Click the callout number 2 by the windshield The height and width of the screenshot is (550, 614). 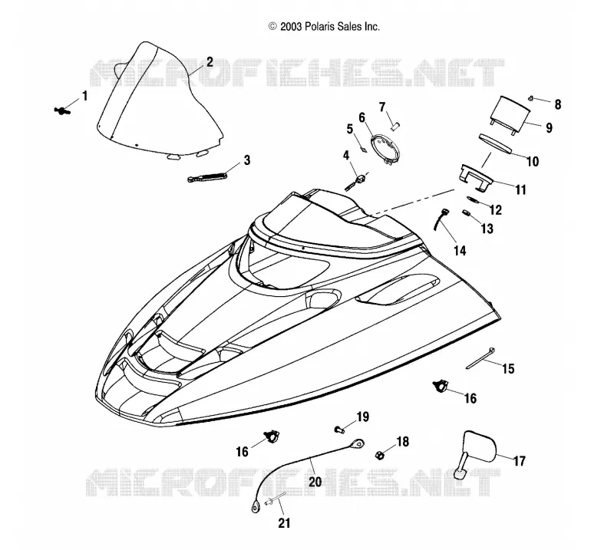click(x=210, y=62)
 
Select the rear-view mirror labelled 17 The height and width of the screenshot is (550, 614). click(x=477, y=451)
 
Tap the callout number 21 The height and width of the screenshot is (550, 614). click(x=284, y=523)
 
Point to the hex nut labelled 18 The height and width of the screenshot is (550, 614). click(x=379, y=455)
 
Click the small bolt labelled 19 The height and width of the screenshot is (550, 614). click(x=339, y=430)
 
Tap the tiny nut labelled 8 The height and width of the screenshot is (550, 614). click(x=530, y=97)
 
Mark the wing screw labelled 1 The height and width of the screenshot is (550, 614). click(x=62, y=111)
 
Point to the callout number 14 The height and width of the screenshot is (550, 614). click(x=460, y=251)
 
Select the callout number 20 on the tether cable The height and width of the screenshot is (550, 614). click(x=315, y=481)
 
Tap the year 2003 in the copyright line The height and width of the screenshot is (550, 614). click(x=291, y=26)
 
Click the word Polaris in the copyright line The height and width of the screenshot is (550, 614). click(x=319, y=26)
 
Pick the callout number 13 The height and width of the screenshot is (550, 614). click(x=487, y=229)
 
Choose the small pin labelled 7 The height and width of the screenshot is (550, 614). click(x=395, y=126)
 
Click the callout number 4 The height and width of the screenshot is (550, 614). click(x=346, y=156)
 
